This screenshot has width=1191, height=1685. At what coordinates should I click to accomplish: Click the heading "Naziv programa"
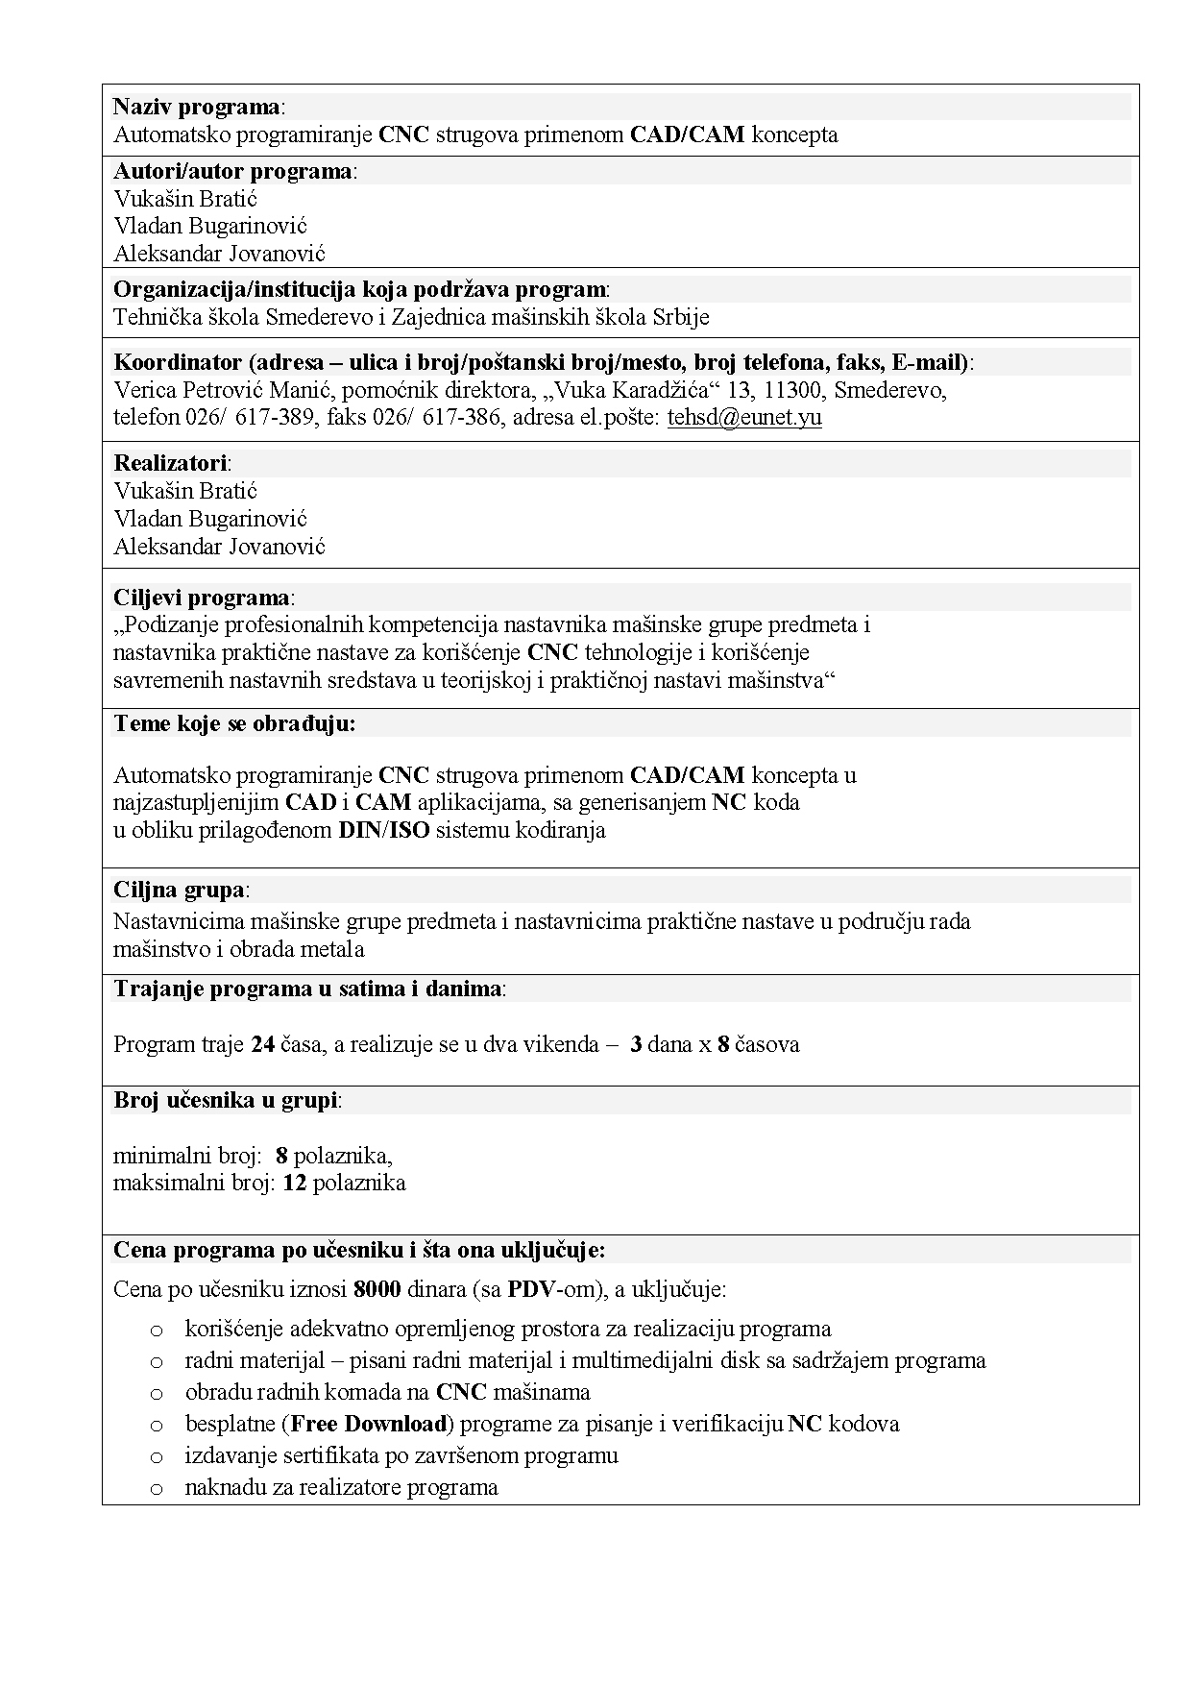pos(197,107)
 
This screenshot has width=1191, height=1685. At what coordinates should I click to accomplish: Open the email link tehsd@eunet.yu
pos(743,418)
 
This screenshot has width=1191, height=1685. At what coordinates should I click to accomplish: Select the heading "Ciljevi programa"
pos(202,598)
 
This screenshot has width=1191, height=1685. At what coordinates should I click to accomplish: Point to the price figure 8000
pos(377,1289)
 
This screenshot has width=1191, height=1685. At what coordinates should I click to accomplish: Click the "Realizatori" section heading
pos(170,463)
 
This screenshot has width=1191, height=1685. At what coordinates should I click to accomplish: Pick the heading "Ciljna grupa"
pos(179,890)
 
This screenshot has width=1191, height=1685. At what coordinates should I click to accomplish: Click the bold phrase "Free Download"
pos(370,1424)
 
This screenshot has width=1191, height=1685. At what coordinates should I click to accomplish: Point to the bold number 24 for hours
pos(263,1044)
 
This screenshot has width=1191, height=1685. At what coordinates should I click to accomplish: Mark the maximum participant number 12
pos(294,1183)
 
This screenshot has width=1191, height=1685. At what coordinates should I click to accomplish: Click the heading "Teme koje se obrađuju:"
pos(234,724)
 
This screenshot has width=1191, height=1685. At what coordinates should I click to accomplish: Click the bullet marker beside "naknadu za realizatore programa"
pos(157,1488)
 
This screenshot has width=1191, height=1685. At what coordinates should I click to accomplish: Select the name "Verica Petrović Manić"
pos(223,390)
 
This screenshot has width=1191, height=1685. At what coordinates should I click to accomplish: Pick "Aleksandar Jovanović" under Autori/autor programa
pos(219,254)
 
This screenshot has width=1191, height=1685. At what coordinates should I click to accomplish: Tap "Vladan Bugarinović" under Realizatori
pos(209,519)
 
